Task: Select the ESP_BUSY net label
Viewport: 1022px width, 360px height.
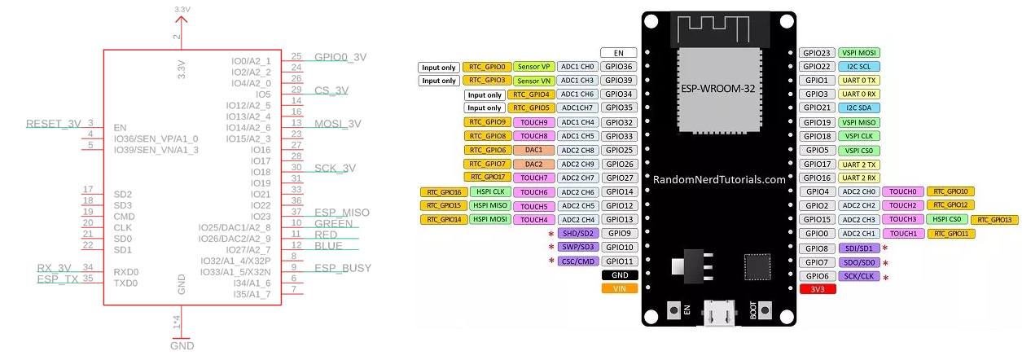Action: [342, 268]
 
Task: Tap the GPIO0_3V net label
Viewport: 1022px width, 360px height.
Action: [340, 57]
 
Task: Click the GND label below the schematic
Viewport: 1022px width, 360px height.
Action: [182, 345]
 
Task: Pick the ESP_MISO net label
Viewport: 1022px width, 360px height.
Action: [341, 213]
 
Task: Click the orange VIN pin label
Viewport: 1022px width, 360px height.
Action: [618, 288]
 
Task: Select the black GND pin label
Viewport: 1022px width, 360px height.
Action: [618, 275]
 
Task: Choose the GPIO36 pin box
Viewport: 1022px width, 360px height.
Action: [618, 67]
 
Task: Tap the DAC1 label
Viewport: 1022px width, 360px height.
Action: [533, 150]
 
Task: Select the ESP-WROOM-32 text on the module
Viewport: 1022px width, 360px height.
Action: [717, 87]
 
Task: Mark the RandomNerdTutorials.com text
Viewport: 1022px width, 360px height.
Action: [719, 179]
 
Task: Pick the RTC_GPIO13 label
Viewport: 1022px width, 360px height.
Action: [994, 220]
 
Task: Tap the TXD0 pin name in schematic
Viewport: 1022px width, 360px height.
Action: [125, 283]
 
